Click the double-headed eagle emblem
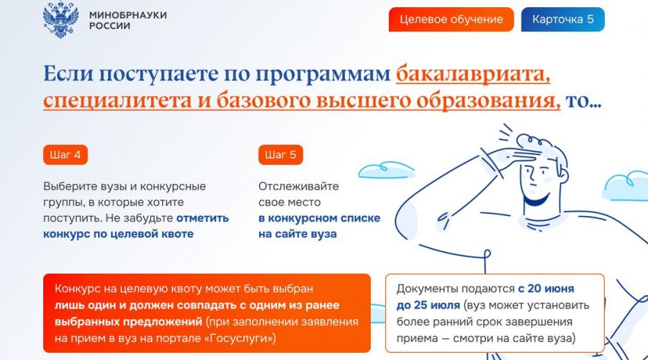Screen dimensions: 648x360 tap(60, 20)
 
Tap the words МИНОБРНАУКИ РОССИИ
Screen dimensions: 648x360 tap(127, 20)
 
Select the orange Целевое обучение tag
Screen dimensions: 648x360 tap(451, 19)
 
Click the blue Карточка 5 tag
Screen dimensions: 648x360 tap(563, 19)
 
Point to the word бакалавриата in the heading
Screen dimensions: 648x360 tap(473, 74)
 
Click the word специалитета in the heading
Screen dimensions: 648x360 tap(117, 101)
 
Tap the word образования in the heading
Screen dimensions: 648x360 tap(488, 101)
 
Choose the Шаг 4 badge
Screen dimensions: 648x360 tap(66, 155)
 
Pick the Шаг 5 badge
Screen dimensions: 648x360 tap(281, 155)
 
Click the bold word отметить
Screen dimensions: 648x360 tap(202, 218)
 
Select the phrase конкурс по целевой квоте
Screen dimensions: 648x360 tap(118, 234)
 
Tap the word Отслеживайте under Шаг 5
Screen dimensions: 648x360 tap(299, 186)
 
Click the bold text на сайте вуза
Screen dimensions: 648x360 tap(297, 234)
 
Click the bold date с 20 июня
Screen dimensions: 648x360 tap(546, 289)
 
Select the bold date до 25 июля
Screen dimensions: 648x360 tap(428, 305)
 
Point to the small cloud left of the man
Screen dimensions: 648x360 tap(386, 170)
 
